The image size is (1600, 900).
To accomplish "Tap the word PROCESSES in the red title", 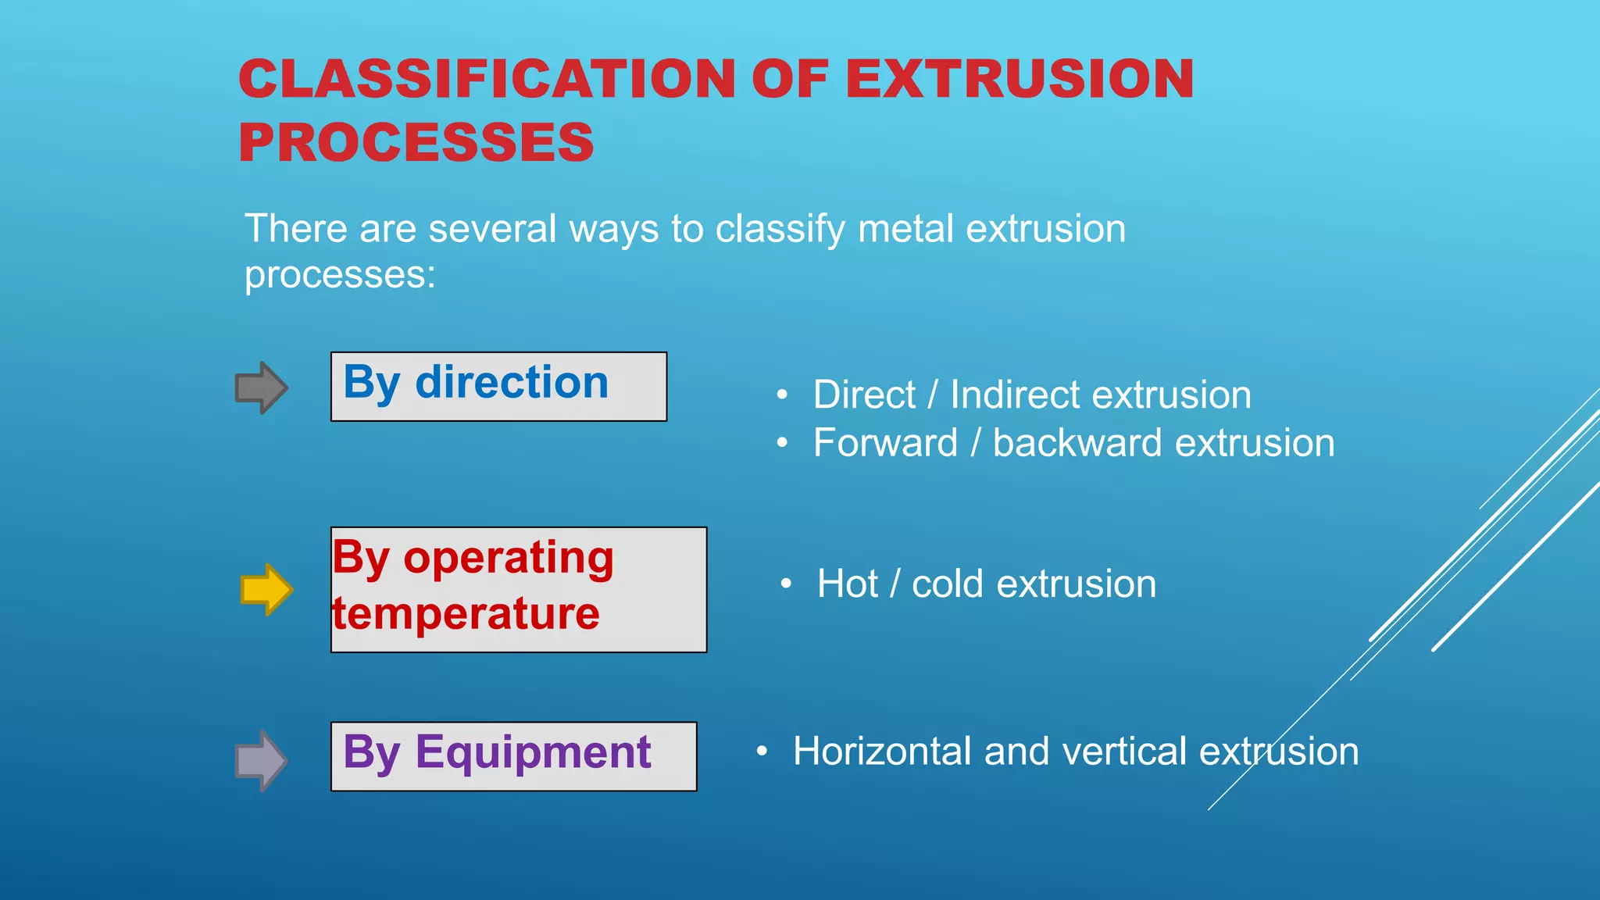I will coord(416,143).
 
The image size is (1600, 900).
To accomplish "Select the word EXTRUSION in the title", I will coord(1019,79).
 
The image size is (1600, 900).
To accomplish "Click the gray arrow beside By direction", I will coord(262,387).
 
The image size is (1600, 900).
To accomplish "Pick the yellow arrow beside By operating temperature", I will coord(266,590).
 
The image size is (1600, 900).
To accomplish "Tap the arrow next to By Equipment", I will coord(262,760).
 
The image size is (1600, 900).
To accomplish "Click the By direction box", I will coord(498,387).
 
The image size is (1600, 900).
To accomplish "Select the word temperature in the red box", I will coord(466,613).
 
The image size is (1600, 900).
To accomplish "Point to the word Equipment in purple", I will coord(533,752).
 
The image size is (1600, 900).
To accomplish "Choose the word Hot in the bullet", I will coord(847,584).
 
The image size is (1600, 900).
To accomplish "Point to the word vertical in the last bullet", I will coord(1124,752).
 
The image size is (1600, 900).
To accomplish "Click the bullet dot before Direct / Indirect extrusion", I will coord(782,396).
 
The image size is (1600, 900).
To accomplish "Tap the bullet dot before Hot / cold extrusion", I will coord(786,584).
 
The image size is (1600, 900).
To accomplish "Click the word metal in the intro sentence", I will coord(905,229).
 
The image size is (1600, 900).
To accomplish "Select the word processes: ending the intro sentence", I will coord(340,275).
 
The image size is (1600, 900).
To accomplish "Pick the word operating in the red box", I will coord(509,559).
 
